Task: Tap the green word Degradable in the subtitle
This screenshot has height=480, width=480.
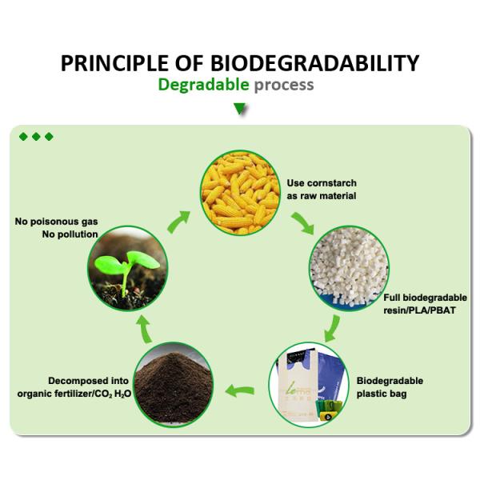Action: click(x=203, y=85)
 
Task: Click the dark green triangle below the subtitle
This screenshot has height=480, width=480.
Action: click(x=239, y=108)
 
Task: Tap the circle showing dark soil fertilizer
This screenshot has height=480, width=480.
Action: click(x=171, y=386)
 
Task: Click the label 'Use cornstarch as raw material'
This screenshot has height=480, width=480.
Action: click(x=321, y=189)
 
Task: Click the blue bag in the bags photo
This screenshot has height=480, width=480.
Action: click(x=327, y=380)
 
